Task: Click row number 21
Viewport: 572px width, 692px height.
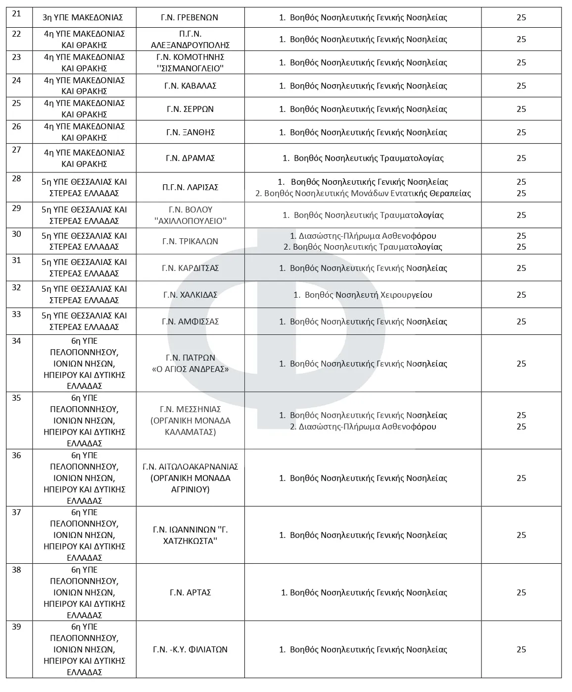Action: click(16, 14)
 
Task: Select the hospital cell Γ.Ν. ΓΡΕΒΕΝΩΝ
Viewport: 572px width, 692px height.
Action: click(190, 18)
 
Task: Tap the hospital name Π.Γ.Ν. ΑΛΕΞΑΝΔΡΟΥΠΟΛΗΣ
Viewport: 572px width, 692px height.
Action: click(190, 40)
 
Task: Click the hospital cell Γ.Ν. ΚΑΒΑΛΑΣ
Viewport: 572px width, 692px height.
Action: click(190, 86)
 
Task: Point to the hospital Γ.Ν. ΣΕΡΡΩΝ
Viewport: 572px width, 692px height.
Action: click(190, 109)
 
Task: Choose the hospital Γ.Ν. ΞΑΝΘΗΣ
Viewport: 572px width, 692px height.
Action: click(190, 132)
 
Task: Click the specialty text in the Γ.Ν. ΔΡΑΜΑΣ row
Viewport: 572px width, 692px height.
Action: click(363, 159)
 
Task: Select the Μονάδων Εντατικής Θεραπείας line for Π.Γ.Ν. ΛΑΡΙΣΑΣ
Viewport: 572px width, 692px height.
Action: click(363, 193)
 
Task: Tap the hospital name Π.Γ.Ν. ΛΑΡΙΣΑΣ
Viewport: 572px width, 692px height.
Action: click(190, 187)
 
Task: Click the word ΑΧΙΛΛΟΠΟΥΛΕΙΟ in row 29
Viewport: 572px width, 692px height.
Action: click(191, 221)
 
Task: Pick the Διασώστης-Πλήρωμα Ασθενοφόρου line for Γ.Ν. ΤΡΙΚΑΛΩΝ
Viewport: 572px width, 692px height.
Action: click(363, 236)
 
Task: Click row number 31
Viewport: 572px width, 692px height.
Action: click(16, 261)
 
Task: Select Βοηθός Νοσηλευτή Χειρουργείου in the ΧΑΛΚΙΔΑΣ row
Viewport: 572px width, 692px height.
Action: click(363, 295)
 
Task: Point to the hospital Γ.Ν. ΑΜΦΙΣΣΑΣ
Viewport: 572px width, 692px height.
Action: click(190, 321)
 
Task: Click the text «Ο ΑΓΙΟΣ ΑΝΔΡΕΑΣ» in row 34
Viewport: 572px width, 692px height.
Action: click(190, 369)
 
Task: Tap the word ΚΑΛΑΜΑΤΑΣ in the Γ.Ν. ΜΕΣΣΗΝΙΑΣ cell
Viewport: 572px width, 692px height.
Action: click(190, 432)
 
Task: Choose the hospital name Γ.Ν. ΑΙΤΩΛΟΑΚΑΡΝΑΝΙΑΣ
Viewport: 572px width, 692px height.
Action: click(190, 467)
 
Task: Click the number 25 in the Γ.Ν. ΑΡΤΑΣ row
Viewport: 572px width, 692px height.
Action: click(521, 592)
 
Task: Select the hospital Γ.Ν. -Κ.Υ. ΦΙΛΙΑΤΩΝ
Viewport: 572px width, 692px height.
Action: click(190, 649)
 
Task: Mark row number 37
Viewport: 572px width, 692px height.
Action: click(16, 513)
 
